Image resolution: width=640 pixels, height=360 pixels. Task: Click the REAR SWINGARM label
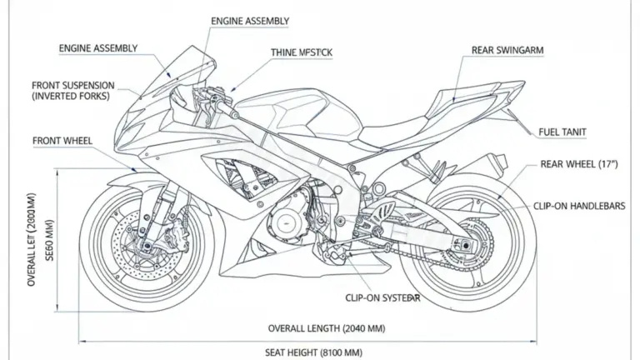[507, 51]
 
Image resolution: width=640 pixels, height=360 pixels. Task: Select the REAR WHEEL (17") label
[580, 164]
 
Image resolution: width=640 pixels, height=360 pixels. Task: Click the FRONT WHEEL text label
[62, 141]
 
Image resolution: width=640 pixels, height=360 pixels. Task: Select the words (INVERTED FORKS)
[73, 97]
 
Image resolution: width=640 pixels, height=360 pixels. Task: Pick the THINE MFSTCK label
[302, 52]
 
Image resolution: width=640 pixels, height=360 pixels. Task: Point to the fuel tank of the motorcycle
[292, 112]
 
